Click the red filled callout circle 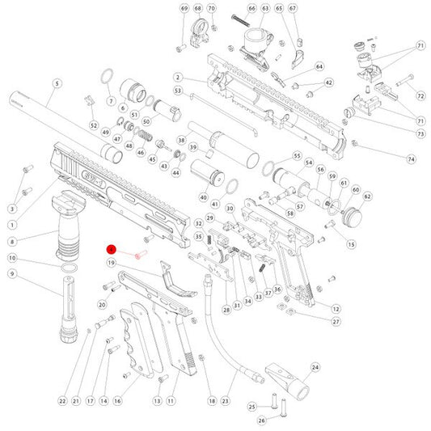coord(112,250)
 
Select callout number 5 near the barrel coord(57,83)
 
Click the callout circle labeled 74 coord(411,159)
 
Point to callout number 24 coord(316,367)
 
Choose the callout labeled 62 coord(367,196)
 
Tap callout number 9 coord(12,273)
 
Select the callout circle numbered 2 coord(177,77)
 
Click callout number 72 coord(420,96)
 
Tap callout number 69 coord(184,8)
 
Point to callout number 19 coord(112,263)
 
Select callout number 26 coord(261,420)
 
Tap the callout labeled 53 coord(177,91)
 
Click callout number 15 coord(351,244)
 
